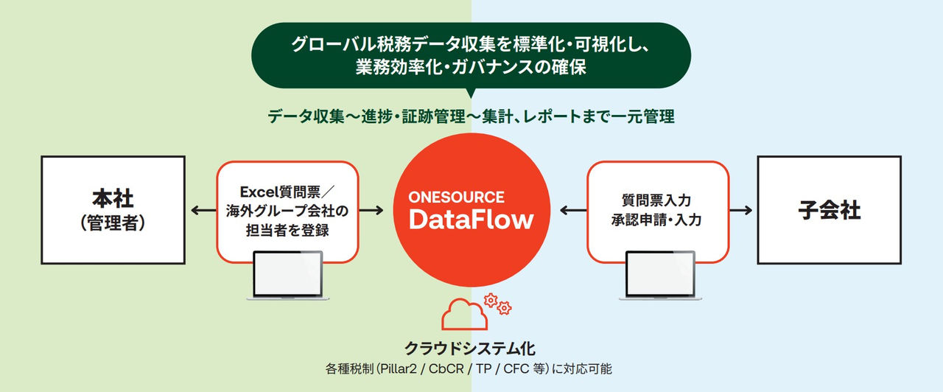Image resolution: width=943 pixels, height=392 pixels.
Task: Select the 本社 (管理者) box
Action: pyautogui.click(x=113, y=210)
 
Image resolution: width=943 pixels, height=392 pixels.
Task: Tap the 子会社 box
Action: pyautogui.click(x=829, y=210)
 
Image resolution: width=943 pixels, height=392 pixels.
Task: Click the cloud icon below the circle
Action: pyautogui.click(x=464, y=315)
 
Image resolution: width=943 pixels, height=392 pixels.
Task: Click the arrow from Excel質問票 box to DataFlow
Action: pyautogui.click(x=371, y=211)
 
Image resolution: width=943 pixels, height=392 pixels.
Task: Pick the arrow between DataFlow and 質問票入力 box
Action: pyautogui.click(x=572, y=211)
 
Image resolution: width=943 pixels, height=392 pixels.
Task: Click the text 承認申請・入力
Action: pyautogui.click(x=657, y=219)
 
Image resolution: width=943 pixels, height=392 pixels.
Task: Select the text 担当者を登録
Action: pyautogui.click(x=287, y=230)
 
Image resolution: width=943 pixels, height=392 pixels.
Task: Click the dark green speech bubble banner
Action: pyautogui.click(x=471, y=55)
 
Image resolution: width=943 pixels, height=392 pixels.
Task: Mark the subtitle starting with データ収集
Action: pyautogui.click(x=471, y=116)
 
